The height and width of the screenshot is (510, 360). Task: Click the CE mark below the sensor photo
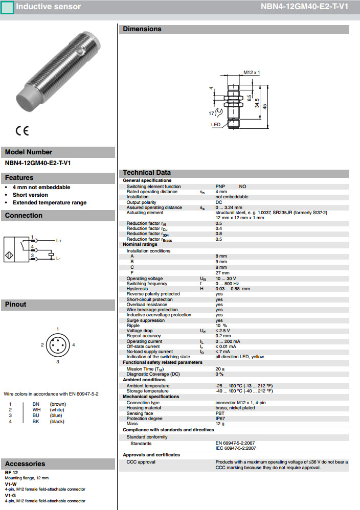click(x=22, y=131)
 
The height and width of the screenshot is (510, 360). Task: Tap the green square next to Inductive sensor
click(x=7, y=7)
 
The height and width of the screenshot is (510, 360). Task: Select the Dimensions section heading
click(x=142, y=29)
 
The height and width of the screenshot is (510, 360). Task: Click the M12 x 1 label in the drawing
click(x=252, y=73)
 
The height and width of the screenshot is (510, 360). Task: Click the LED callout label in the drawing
click(x=215, y=124)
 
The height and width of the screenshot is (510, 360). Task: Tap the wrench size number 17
click(x=211, y=112)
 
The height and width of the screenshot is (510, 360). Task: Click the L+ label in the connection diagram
click(x=59, y=240)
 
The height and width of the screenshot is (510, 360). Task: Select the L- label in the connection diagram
click(x=59, y=259)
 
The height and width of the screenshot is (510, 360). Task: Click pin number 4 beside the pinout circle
click(x=74, y=345)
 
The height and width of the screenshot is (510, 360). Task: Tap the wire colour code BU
click(x=36, y=415)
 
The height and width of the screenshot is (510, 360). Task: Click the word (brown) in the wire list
click(x=57, y=404)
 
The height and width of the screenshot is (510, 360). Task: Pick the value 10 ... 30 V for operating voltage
click(x=226, y=279)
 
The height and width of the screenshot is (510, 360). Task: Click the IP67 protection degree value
click(x=220, y=419)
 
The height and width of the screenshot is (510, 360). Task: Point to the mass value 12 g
click(x=220, y=424)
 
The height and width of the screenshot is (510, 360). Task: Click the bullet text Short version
click(x=30, y=195)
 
